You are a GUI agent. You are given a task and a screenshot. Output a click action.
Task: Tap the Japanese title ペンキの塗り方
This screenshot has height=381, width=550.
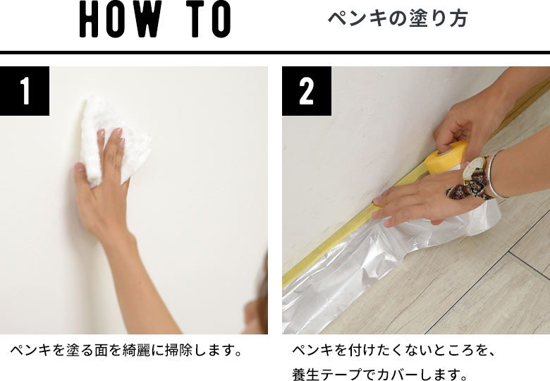[398, 19]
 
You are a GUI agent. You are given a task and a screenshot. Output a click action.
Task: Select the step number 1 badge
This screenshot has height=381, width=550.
[25, 91]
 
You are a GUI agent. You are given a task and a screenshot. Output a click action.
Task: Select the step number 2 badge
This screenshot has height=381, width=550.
[307, 91]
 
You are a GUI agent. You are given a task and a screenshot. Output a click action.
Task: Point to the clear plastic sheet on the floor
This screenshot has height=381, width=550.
[338, 296]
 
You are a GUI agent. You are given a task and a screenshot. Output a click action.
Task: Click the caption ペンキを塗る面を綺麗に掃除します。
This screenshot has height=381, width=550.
[126, 350]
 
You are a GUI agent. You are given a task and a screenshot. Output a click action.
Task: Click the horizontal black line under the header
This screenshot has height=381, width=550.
[275, 52]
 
